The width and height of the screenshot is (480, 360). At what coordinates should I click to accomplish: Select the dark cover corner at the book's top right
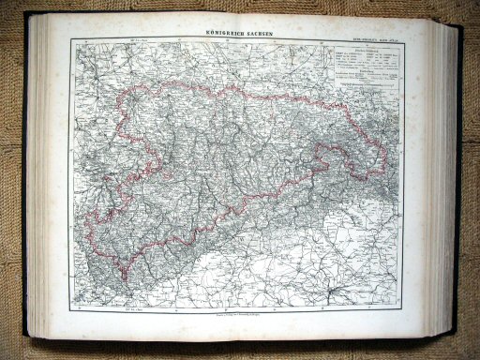click(x=457, y=29)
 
